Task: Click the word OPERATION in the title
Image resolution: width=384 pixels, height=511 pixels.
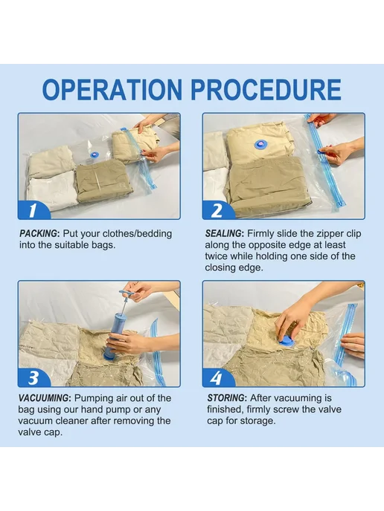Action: (x=112, y=89)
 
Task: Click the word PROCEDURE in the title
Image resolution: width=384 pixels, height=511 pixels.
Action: (x=266, y=89)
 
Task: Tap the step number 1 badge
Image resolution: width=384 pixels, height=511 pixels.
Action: (x=33, y=210)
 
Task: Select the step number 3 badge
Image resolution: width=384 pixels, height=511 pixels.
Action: (x=33, y=378)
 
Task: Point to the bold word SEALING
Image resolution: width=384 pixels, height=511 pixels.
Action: (x=224, y=234)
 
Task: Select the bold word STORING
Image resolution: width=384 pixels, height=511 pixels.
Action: (x=226, y=398)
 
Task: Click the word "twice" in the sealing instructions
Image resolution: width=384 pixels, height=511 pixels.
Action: (x=217, y=256)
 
